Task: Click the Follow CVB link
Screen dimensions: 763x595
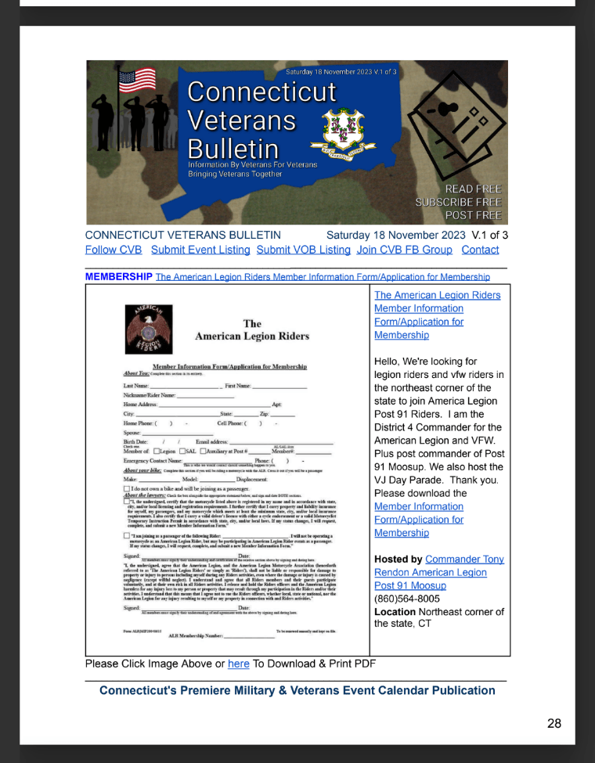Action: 113,250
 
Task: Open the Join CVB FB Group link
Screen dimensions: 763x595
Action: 404,250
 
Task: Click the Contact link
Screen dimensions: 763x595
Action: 480,250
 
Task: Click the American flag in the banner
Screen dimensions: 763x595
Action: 136,80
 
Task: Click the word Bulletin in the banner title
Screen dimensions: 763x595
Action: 233,149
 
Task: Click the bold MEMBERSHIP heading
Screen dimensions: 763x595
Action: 118,277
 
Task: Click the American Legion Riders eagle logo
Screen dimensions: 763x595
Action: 150,329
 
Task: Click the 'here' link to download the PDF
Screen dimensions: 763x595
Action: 237,664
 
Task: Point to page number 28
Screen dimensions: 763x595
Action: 554,724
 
